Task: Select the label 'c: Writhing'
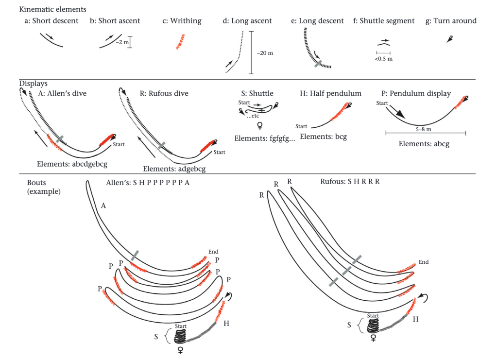click(182, 21)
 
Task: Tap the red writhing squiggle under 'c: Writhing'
click(181, 42)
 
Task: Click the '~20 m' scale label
click(265, 52)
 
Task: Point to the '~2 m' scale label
click(121, 43)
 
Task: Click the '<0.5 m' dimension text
click(383, 59)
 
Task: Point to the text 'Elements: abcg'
click(424, 144)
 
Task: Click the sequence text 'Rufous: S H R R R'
click(350, 183)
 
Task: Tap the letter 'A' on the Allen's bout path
click(103, 206)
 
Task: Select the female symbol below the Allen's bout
click(180, 349)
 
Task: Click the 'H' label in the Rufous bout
click(415, 319)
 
